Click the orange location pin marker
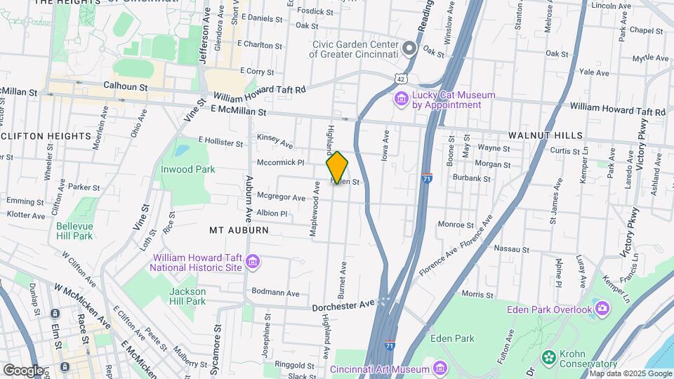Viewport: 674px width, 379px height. (337, 167)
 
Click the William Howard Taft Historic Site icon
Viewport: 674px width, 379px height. (253, 262)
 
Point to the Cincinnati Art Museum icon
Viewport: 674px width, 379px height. (440, 368)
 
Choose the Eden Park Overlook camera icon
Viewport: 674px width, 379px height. (602, 308)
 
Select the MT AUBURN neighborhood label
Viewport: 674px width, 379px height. (239, 230)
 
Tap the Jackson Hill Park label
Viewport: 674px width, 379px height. (187, 296)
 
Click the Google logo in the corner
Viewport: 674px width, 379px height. (23, 370)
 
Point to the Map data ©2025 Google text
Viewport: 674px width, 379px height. (630, 373)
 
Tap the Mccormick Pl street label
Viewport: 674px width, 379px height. (280, 161)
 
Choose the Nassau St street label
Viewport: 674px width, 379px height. (511, 248)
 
